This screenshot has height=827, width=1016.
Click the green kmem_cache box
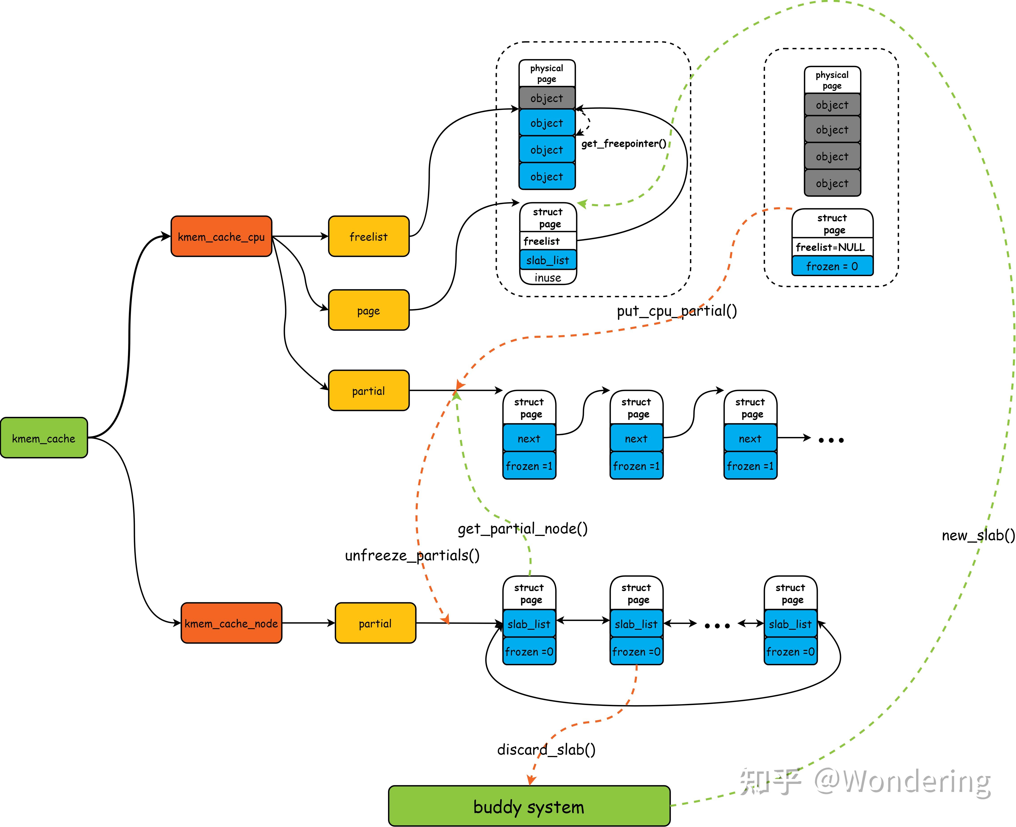pos(44,438)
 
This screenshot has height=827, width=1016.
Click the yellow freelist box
pos(369,236)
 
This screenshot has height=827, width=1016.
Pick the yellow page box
pos(369,310)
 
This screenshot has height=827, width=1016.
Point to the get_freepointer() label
pos(623,143)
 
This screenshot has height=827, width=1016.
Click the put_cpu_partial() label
pos(677,311)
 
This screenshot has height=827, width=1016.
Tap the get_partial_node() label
pos(523,529)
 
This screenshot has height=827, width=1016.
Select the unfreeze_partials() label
pos(412,555)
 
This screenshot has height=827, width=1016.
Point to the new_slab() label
pos(978,535)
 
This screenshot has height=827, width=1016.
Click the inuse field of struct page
pos(548,277)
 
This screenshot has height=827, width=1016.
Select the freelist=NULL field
pos(832,247)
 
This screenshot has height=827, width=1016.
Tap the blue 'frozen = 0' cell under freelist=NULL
pos(832,266)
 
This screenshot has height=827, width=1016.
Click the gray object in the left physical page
pos(547,98)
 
